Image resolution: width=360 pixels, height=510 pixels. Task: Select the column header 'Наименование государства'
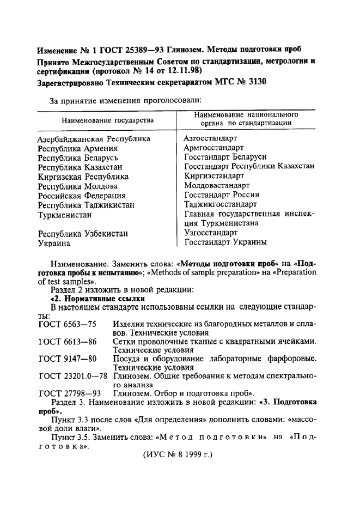coord(107,120)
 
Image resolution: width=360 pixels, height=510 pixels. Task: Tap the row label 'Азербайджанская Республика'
coord(94,139)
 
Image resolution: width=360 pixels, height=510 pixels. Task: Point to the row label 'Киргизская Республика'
coord(83,177)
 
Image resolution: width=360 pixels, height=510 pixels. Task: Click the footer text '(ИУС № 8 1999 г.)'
coord(177,454)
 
